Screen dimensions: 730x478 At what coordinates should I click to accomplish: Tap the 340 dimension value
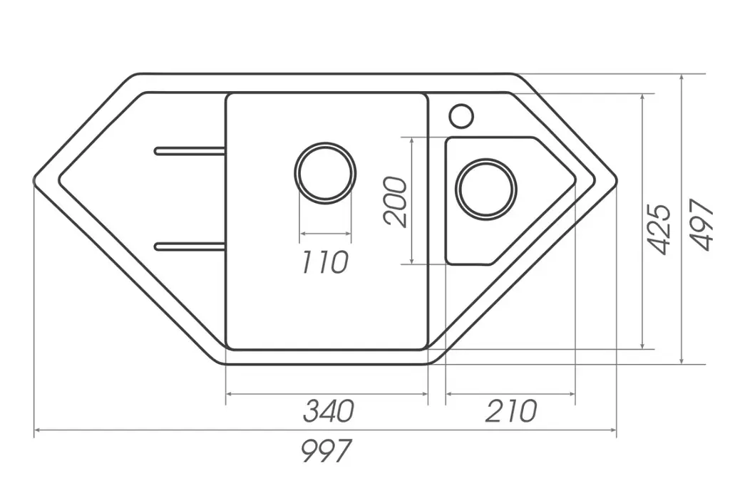click(x=329, y=410)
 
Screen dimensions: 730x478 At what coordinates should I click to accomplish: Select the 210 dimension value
click(x=510, y=410)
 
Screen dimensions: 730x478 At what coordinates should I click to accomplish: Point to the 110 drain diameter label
click(x=324, y=261)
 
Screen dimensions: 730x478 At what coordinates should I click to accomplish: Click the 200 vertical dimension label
click(x=395, y=202)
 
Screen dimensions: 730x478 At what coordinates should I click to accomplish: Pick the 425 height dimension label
click(x=659, y=229)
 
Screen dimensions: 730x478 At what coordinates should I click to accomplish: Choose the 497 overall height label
click(x=701, y=225)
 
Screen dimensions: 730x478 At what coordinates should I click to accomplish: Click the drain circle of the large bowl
click(x=325, y=172)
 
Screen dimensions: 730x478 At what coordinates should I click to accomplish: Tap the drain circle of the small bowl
click(x=486, y=189)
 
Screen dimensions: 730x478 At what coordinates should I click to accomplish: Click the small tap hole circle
click(x=461, y=115)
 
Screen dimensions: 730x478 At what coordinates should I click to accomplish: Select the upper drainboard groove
click(x=190, y=151)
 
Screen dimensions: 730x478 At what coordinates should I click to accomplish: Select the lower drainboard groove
click(x=190, y=246)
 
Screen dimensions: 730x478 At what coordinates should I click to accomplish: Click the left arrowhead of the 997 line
click(x=37, y=430)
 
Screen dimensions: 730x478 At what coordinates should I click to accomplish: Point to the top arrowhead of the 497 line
click(x=682, y=77)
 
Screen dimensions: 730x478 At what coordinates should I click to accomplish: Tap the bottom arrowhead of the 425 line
click(x=642, y=345)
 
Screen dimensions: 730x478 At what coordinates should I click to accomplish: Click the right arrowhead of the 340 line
click(x=425, y=394)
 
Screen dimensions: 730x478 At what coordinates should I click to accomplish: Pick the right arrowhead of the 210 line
click(x=572, y=394)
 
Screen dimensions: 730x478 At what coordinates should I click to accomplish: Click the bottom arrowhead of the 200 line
click(x=412, y=261)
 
